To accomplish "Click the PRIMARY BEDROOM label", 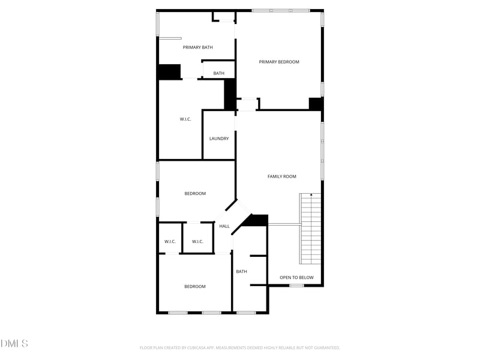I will coord(279,62).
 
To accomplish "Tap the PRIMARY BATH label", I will coord(198,47).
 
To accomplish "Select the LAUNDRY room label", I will coord(219,139).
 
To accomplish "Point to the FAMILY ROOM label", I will coord(282,176).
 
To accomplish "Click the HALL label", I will coord(224,226).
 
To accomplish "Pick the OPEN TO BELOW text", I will coord(296,278).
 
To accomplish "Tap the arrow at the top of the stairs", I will coord(311,194).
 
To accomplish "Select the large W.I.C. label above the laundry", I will coord(185,119).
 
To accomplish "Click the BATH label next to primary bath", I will coord(219,74).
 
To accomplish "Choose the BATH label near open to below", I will coord(241,272).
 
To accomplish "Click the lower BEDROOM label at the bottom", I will coord(195,287).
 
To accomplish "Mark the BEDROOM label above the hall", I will coord(195,194).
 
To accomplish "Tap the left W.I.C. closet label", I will coord(170,242).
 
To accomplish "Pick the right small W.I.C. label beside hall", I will coord(198,242).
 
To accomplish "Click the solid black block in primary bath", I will coord(169,71).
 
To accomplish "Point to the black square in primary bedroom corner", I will coord(316,104).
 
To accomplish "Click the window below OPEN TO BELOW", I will coord(296,286).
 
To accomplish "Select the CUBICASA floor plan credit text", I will coord(240,347).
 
